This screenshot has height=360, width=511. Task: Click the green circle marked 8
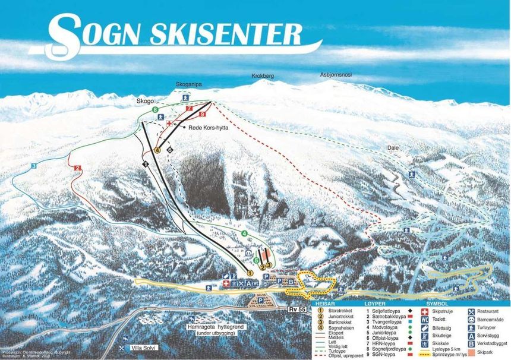click(x=155, y=110)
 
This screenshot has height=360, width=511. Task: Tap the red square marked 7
click(x=189, y=109)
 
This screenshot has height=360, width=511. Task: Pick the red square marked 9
click(x=203, y=113)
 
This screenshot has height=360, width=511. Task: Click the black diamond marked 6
click(x=170, y=150)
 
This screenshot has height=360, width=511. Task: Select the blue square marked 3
click(x=34, y=166)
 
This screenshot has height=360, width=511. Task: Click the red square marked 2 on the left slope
click(x=77, y=168)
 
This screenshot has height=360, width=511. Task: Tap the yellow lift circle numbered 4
click(x=157, y=150)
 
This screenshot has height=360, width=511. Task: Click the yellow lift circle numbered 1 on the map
click(x=250, y=273)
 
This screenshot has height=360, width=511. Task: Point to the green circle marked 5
click(x=256, y=260)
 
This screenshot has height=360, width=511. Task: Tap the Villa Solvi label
click(x=145, y=348)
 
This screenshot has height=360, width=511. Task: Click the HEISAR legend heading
click(x=326, y=302)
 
